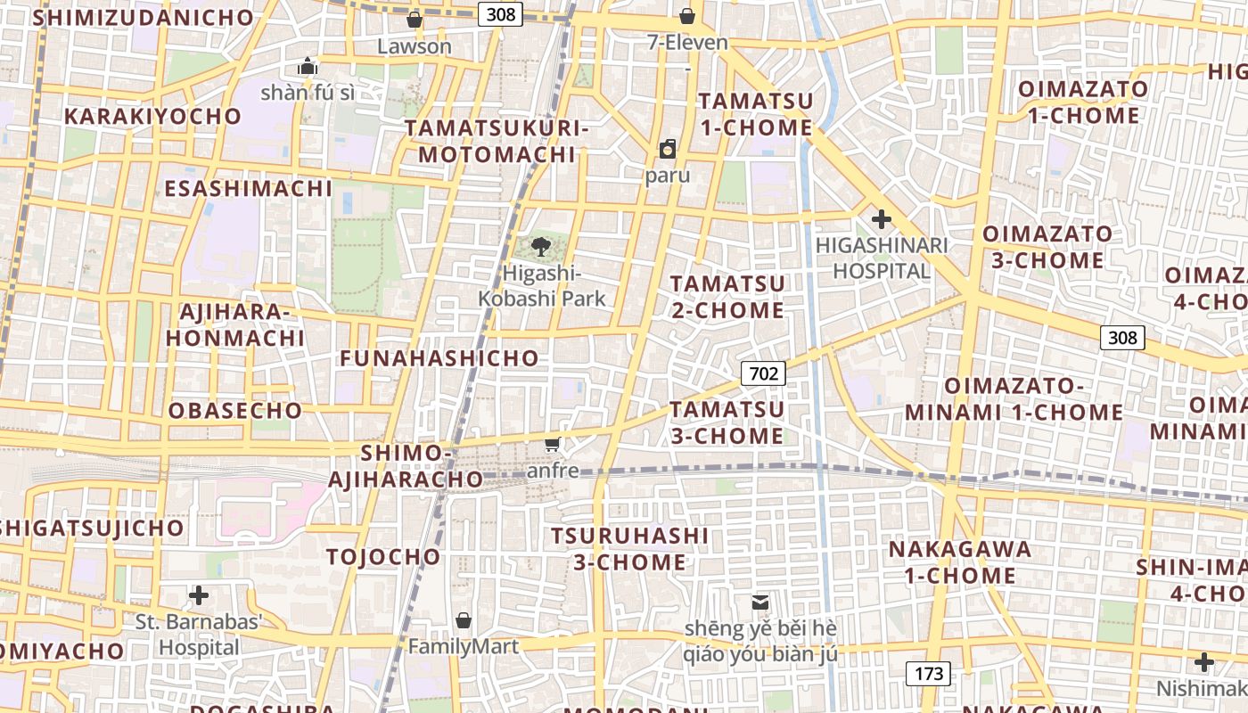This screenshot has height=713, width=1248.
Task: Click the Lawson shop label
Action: [415, 46]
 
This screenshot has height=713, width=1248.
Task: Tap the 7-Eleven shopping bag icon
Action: [687, 16]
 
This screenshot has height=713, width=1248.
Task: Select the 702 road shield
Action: [764, 373]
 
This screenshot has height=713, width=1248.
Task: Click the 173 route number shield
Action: [928, 674]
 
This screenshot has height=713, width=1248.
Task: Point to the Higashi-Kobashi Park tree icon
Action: [540, 247]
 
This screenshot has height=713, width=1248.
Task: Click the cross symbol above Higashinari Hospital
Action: [882, 218]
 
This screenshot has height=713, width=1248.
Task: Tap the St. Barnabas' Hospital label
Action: [199, 635]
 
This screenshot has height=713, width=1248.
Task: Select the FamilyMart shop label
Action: [464, 647]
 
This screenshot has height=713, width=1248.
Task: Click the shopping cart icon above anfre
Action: [553, 444]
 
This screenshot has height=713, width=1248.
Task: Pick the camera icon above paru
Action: [668, 149]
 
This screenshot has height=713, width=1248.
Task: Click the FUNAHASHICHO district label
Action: [439, 358]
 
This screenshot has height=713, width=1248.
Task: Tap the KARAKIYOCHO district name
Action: [152, 116]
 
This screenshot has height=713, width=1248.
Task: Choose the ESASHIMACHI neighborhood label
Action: [248, 188]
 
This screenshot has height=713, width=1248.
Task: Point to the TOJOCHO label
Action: [383, 557]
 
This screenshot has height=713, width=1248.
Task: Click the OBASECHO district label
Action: [235, 411]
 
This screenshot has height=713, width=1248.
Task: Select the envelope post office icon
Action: [760, 602]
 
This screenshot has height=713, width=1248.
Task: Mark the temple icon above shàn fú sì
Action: [308, 66]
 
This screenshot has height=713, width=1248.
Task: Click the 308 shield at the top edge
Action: [498, 14]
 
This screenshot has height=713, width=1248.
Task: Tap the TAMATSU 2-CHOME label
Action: [727, 297]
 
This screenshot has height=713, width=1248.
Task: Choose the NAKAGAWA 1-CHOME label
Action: [960, 561]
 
